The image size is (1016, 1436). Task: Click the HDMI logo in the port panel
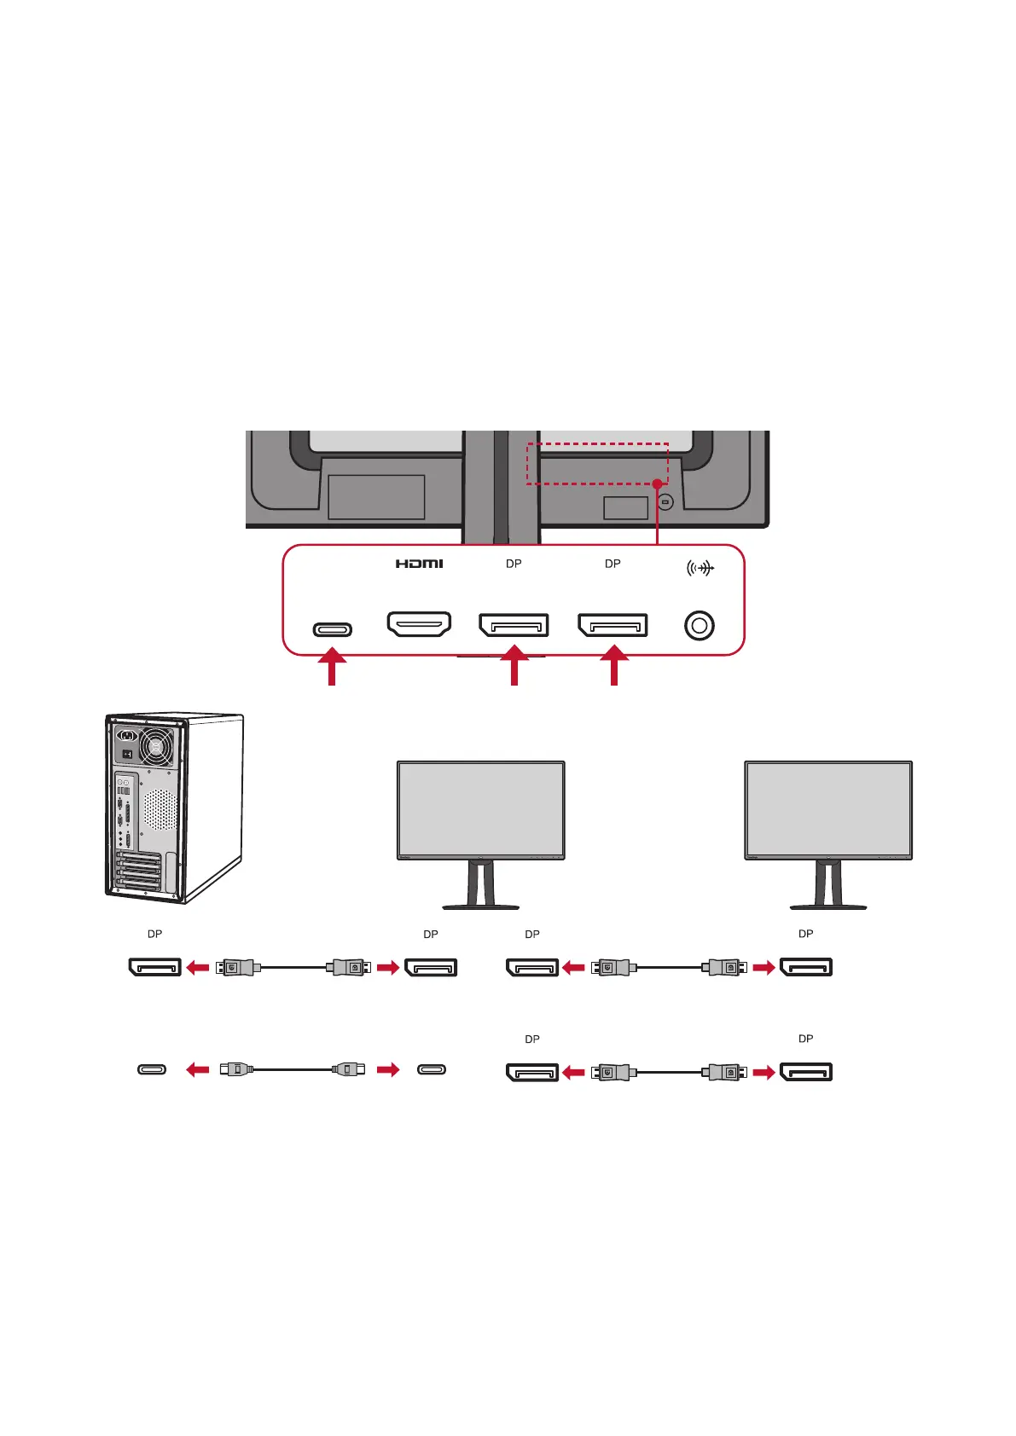pos(419,564)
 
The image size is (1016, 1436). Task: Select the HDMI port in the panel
pos(419,624)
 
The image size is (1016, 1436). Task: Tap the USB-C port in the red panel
pos(332,630)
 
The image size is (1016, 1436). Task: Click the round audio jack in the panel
pos(699,626)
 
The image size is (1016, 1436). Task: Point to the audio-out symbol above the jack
pos(700,568)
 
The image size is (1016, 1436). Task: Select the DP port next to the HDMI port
pos(514,625)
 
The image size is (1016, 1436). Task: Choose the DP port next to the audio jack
pos(613,625)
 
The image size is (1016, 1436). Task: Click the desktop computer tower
pos(174,808)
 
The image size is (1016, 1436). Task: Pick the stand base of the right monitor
pos(828,906)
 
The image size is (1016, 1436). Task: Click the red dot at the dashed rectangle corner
pos(657,483)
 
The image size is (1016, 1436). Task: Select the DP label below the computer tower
pos(154,934)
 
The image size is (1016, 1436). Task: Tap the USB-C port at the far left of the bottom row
pos(152,1069)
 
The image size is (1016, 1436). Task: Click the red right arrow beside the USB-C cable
pos(388,1069)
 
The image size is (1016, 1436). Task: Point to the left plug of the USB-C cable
pos(235,1068)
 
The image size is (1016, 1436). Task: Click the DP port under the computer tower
pos(154,967)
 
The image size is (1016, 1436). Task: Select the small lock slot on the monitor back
pos(665,502)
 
